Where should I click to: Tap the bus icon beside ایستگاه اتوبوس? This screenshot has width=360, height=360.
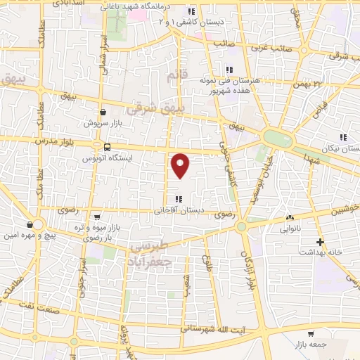[106, 147]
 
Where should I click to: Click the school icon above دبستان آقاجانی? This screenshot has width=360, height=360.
[179, 198]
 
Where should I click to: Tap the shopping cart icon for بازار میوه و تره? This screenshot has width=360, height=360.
[96, 217]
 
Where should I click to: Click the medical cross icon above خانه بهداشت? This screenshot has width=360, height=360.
[320, 242]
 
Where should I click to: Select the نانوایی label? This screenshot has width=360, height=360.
[290, 229]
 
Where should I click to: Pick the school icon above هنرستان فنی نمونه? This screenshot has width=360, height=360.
[229, 69]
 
